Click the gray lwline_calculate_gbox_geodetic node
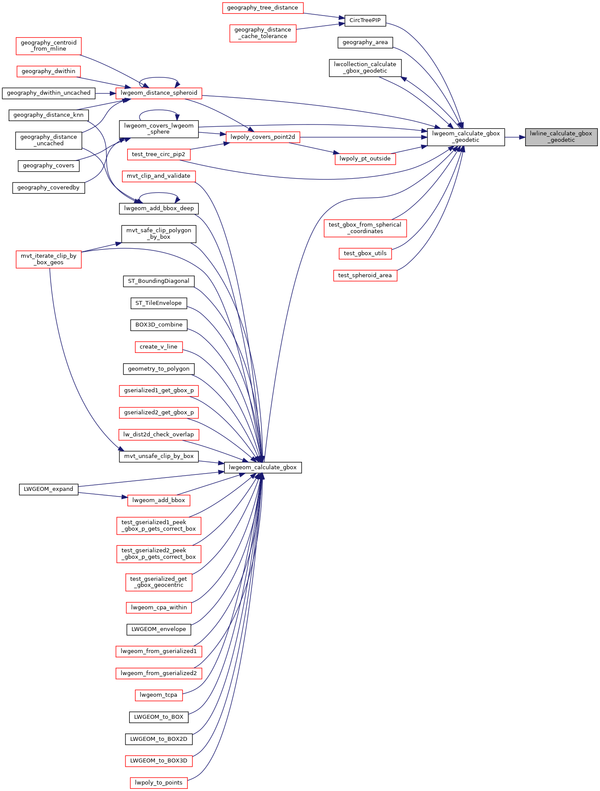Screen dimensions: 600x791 coord(561,137)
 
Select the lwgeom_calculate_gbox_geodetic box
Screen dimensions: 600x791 coord(466,137)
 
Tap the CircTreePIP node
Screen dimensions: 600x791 coord(365,20)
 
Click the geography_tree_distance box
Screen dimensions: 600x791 coord(263,8)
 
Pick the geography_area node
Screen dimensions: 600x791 coord(365,42)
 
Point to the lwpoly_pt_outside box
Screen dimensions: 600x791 coord(365,159)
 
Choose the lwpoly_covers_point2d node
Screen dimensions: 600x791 coord(263,137)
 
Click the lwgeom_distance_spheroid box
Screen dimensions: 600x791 coord(159,93)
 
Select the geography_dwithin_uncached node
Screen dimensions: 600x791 coord(48,93)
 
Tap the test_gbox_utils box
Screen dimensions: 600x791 coord(365,253)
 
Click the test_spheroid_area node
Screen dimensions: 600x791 coord(365,275)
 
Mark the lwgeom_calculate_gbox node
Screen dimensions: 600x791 coord(263,468)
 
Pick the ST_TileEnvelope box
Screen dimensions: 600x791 coord(159,303)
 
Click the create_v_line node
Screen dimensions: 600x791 coord(159,347)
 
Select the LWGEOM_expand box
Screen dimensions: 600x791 coord(48,489)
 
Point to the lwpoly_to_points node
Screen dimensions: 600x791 coord(159,783)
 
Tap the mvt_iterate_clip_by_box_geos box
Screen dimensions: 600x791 coord(48,259)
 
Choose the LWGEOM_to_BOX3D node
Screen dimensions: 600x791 coord(159,761)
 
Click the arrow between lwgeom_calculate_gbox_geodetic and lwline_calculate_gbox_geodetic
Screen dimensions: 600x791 coord(515,137)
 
